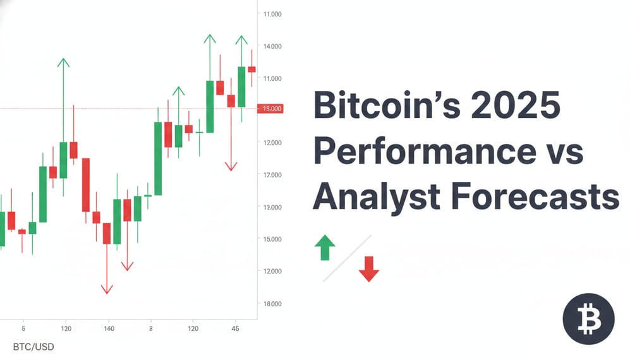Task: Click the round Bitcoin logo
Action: click(x=588, y=319)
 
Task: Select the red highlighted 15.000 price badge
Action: click(x=272, y=109)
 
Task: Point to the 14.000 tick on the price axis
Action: click(x=272, y=46)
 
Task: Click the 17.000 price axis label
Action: click(x=272, y=174)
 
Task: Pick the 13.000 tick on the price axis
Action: click(x=272, y=207)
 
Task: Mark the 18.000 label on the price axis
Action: click(x=272, y=304)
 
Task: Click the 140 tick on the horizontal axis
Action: click(x=109, y=328)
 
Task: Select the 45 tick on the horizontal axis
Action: click(x=235, y=328)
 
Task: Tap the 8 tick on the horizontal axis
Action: click(x=151, y=328)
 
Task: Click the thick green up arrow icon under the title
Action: click(x=325, y=248)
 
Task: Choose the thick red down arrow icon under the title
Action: click(x=368, y=268)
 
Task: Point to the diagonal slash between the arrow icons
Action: click(x=347, y=258)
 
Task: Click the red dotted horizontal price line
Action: click(x=126, y=109)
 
